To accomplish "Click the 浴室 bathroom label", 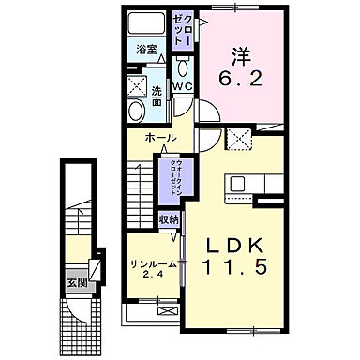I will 145,48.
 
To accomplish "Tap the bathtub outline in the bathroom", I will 145,23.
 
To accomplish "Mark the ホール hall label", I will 159,138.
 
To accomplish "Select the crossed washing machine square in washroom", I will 136,88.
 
